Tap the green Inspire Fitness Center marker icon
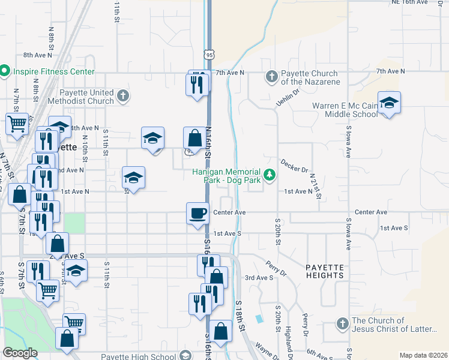[4, 71]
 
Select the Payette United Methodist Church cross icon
[122, 96]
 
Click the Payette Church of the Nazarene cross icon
[271, 77]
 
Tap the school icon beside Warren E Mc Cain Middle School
[389, 103]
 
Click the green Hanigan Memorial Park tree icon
[270, 175]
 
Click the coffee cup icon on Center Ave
[198, 213]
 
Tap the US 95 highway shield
[209, 55]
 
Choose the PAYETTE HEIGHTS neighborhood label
[324, 271]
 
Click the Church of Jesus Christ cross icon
[342, 324]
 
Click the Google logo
[20, 353]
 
